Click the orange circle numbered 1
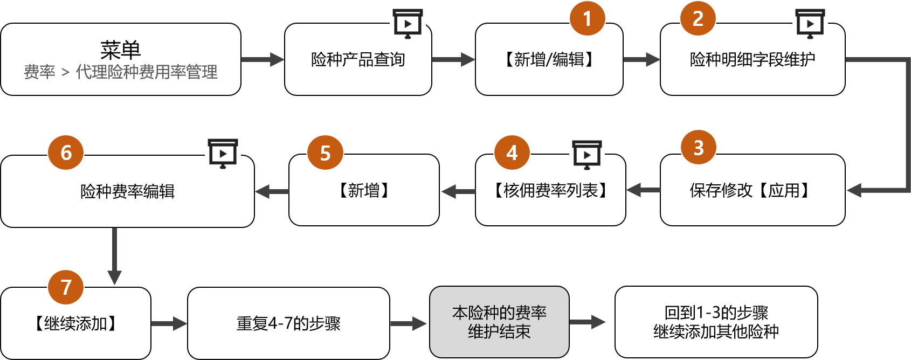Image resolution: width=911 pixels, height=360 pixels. [x=588, y=18]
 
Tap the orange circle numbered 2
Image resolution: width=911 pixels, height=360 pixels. [x=698, y=18]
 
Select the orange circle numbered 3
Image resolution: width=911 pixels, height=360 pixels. [x=699, y=147]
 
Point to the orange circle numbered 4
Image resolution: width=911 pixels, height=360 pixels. [x=512, y=153]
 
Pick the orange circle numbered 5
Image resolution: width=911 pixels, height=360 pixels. [x=325, y=153]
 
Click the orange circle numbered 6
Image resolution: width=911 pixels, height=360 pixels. [x=66, y=153]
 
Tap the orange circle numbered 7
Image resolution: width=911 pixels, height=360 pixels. [x=66, y=287]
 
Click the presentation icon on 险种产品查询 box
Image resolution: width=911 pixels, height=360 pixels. [x=408, y=23]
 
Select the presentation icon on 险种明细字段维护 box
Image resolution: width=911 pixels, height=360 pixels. [x=810, y=23]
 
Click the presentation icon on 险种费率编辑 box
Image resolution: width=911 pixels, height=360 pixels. [x=223, y=153]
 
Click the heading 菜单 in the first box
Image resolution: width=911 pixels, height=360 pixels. [x=120, y=50]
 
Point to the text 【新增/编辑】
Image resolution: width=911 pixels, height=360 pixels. [x=549, y=59]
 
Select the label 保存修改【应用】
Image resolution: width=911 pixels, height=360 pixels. [x=753, y=190]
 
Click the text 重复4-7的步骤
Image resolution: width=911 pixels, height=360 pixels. [x=288, y=323]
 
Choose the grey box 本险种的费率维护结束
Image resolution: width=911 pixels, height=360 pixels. [x=499, y=322]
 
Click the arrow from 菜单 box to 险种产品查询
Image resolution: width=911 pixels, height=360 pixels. [x=263, y=59]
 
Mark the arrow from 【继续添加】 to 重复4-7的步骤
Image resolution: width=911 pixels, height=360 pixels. [x=169, y=323]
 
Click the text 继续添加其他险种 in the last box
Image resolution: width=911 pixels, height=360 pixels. [x=716, y=331]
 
